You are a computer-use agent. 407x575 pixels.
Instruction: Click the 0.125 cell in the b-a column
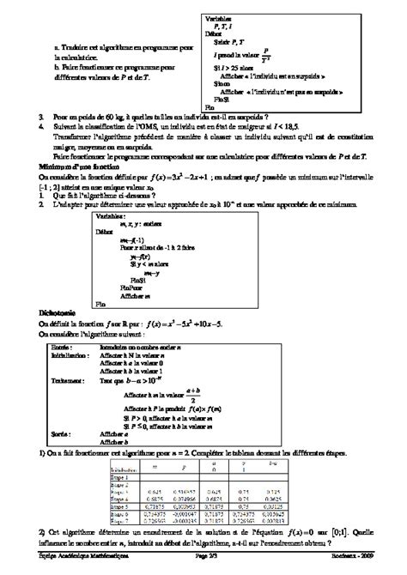pyautogui.click(x=273, y=498)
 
